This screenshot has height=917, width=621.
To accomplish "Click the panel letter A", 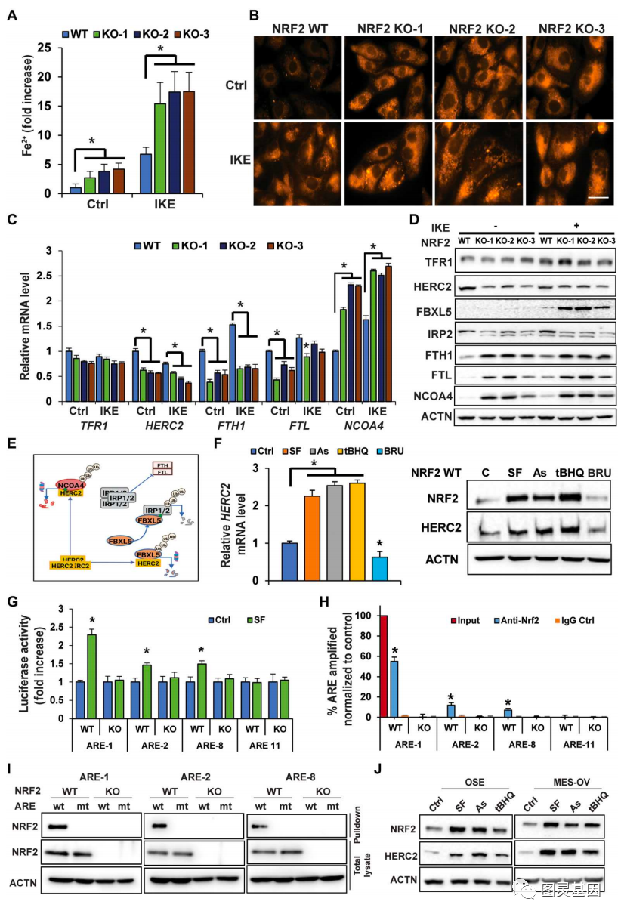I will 11,14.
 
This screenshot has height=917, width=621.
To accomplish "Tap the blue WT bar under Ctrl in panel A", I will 75,190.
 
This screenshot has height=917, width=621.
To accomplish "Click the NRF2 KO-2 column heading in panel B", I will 484,28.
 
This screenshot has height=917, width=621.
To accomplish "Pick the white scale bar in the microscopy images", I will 598,199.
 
